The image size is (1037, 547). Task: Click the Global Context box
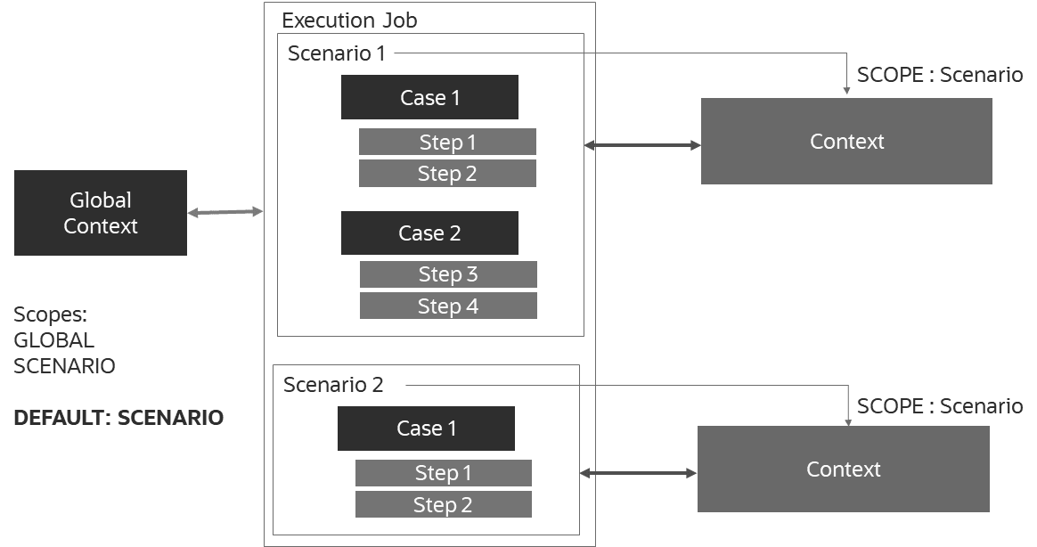pos(101,213)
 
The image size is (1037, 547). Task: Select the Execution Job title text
pos(349,20)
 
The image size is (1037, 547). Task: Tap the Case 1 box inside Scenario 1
pos(429,97)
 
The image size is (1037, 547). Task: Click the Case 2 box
pos(429,233)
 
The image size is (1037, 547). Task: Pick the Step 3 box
pos(448,274)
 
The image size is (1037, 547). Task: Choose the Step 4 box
pos(448,306)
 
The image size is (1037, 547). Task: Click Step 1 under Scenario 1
pos(447,143)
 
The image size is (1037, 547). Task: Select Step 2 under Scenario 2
pos(443,505)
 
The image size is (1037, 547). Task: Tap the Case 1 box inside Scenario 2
pos(426,429)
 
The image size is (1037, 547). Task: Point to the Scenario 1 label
pos(337,53)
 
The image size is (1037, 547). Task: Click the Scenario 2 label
pos(333,385)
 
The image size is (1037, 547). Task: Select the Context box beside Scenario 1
pos(846,142)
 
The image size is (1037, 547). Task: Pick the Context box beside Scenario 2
pos(843,469)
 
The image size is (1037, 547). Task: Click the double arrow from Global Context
pos(225,212)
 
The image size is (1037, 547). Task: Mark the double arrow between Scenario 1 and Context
pos(641,144)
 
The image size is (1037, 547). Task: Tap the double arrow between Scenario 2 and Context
pos(638,473)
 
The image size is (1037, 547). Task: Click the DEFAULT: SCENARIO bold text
pos(118,418)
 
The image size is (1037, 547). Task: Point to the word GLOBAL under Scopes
pos(53,340)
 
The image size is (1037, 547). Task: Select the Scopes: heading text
pos(51,314)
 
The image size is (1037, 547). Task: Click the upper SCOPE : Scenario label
pos(940,75)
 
